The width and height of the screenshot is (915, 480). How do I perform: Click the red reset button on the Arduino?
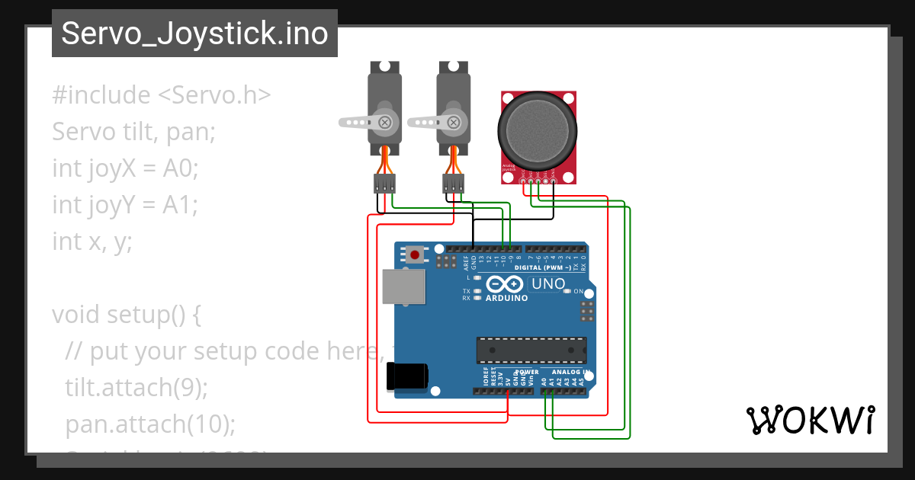415,254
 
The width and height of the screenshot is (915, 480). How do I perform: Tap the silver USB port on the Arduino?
403,287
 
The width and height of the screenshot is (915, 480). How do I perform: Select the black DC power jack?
406,376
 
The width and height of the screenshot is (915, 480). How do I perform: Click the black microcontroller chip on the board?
531,350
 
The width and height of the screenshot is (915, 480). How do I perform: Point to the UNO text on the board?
548,284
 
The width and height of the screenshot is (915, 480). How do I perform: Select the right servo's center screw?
455,121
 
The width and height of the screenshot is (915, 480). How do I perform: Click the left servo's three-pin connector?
384,183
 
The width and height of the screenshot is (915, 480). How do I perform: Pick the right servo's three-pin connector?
453,183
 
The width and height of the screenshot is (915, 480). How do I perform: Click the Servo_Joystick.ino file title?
194,34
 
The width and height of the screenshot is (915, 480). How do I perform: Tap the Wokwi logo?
810,420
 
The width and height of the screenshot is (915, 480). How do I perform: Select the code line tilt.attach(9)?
136,387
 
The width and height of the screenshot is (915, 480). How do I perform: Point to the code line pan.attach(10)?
149,424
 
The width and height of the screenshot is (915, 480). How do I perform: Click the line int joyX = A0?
125,168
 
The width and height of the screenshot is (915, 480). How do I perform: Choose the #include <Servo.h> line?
162,95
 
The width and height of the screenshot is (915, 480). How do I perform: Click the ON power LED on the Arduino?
567,292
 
